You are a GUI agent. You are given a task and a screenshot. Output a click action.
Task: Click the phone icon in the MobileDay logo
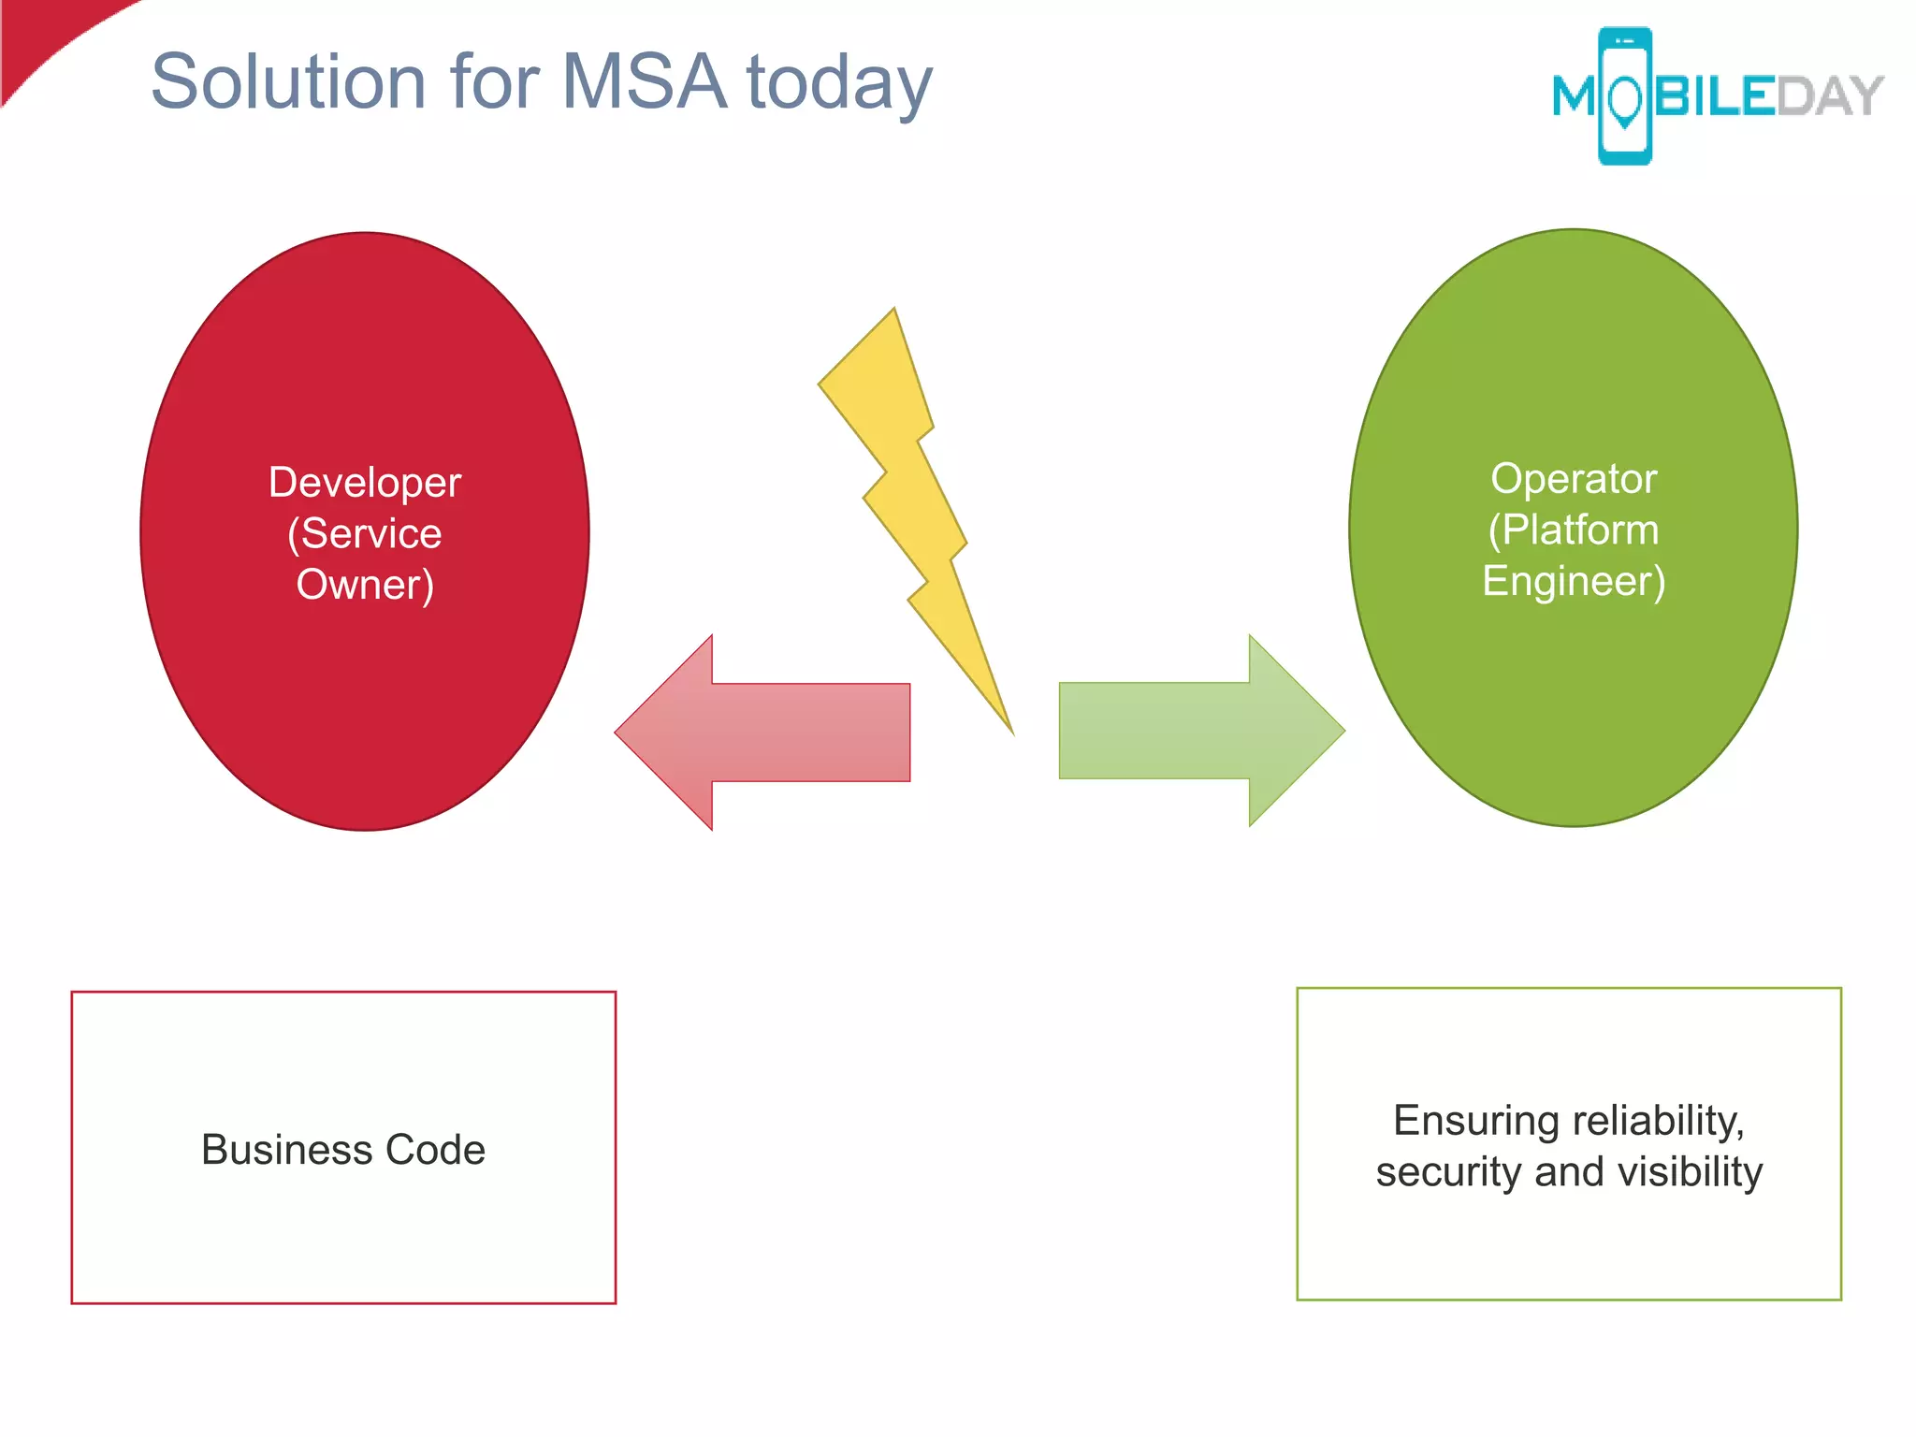click(1625, 96)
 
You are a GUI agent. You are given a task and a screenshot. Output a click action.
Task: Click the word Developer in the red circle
click(365, 483)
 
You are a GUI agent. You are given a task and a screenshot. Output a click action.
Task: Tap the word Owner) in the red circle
click(365, 585)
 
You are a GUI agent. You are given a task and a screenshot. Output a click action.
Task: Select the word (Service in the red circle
click(365, 533)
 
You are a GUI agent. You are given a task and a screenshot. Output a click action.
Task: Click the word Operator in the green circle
click(1574, 479)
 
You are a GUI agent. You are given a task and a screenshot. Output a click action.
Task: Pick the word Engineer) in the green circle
click(1574, 581)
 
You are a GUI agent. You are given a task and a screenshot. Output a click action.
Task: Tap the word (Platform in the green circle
click(1574, 530)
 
